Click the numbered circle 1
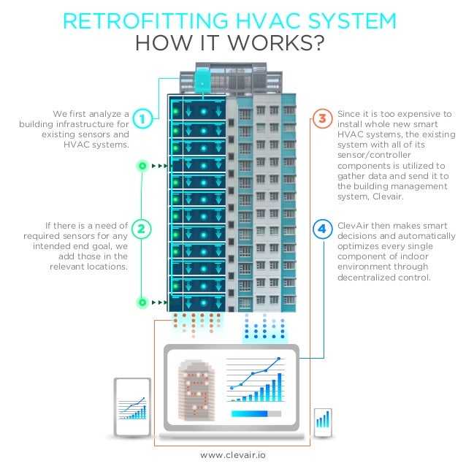click(x=144, y=117)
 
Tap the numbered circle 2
click(x=144, y=229)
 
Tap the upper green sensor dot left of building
click(x=142, y=166)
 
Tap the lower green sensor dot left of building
click(x=142, y=301)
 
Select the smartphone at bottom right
click(x=322, y=421)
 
